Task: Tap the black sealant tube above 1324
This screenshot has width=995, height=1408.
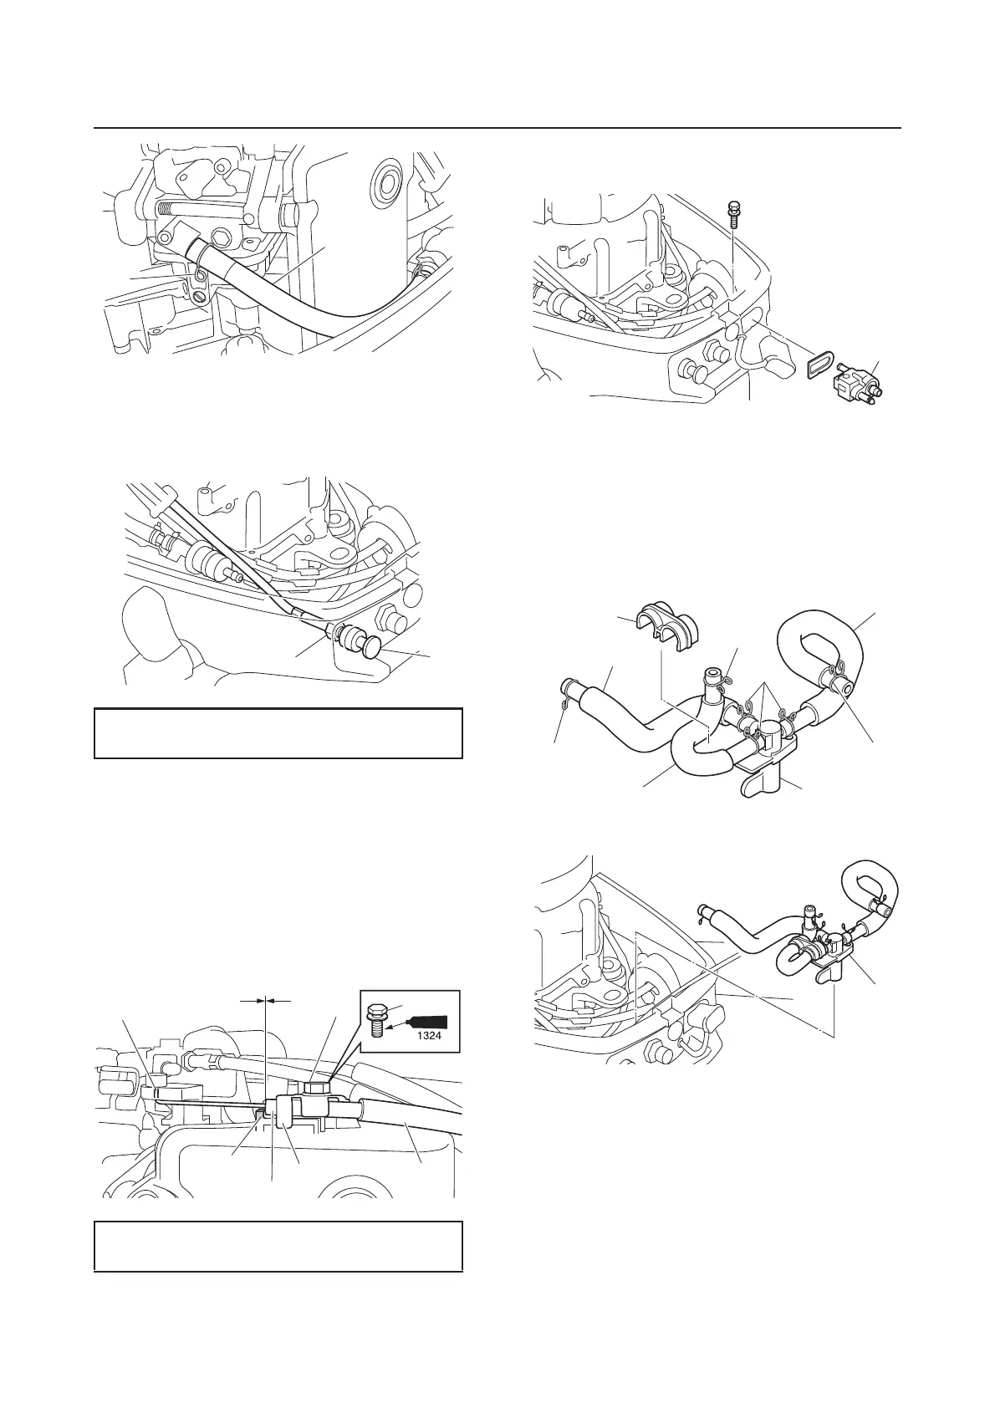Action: click(430, 1021)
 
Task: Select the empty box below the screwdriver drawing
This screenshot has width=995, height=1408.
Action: click(278, 733)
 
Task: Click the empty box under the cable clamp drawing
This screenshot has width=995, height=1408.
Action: click(278, 1246)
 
